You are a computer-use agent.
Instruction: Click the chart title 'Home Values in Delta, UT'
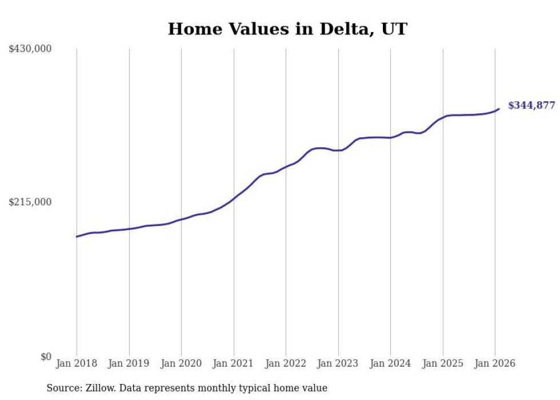(287, 29)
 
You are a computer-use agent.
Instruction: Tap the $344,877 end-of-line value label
(531, 105)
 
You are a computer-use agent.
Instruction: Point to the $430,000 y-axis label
(30, 49)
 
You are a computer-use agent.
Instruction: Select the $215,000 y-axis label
(30, 202)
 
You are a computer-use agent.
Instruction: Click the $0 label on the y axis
(46, 357)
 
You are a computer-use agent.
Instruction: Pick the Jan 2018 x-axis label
(77, 364)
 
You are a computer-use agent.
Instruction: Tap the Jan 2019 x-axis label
(129, 364)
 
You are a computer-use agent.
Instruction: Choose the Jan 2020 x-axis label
(181, 364)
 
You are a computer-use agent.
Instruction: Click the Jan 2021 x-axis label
(233, 364)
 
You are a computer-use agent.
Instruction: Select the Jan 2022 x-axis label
(286, 364)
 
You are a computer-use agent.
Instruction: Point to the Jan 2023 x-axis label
(338, 364)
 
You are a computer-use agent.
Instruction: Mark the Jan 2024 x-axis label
(390, 364)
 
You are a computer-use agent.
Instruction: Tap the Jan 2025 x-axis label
(442, 364)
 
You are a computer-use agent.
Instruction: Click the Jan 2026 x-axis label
(495, 364)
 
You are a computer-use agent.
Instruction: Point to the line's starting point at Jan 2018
(77, 236)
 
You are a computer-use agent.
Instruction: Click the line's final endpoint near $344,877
(499, 109)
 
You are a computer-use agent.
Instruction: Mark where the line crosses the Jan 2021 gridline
(234, 199)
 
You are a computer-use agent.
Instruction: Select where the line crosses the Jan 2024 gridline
(390, 137)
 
